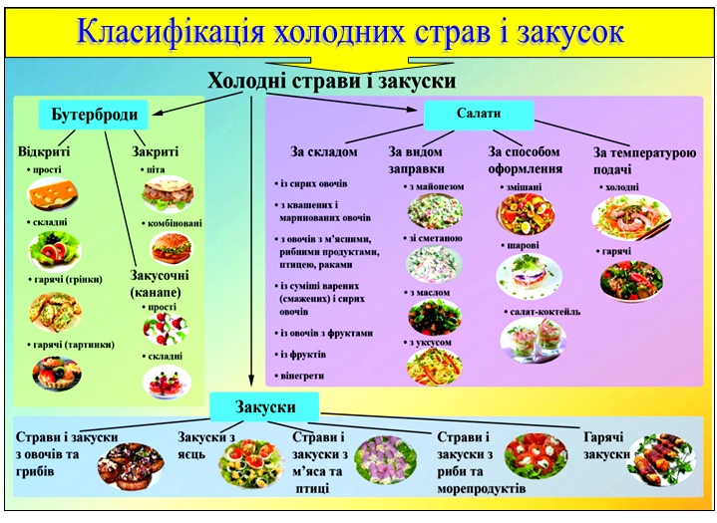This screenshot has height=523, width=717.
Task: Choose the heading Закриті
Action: click(x=155, y=152)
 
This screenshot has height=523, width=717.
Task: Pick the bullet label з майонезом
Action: click(x=434, y=186)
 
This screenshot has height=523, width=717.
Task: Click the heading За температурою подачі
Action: click(x=644, y=159)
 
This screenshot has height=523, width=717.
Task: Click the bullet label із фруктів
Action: click(x=305, y=354)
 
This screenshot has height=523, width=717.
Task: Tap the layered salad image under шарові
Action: click(x=525, y=274)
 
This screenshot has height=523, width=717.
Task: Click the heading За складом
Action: click(x=323, y=152)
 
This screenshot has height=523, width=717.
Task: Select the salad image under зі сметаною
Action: click(x=434, y=264)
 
